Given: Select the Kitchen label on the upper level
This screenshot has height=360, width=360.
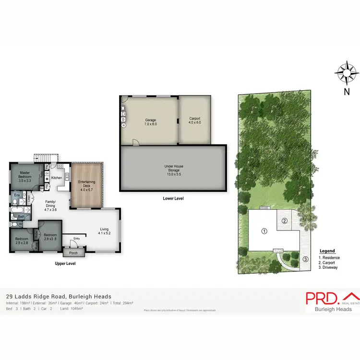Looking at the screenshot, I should (57, 178).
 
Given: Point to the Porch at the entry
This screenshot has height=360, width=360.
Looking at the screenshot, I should (73, 253).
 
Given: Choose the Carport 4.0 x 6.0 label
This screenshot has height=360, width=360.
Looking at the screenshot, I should (194, 120).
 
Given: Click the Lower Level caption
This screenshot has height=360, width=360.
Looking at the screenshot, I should (173, 198).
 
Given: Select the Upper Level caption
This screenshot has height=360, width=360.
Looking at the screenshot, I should (64, 264).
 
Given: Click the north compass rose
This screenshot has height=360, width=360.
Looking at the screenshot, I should (347, 73).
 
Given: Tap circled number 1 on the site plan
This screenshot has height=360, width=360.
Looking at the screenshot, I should (264, 231).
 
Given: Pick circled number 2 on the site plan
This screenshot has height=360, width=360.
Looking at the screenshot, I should (284, 221).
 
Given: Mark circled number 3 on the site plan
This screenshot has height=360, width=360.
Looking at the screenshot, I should (305, 260).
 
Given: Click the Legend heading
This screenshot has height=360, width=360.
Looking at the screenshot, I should (327, 251).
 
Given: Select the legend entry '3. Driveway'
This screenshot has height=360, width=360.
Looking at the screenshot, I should (327, 267).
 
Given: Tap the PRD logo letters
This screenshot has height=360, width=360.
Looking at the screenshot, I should (322, 298).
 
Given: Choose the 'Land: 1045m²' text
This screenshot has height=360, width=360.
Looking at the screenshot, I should (72, 308).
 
